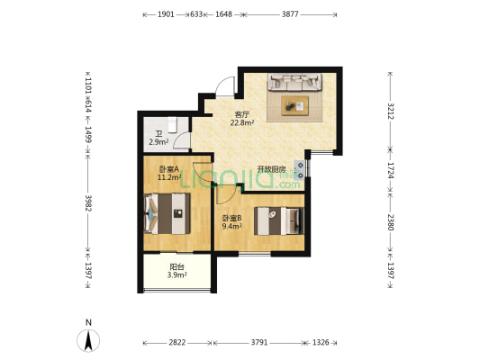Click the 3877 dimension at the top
point(290,14)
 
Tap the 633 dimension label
point(196,14)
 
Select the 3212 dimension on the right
point(390,111)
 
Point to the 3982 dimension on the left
point(88,203)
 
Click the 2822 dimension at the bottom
point(177,343)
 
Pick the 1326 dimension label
point(321,343)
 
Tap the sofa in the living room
point(295,82)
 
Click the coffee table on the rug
point(295,106)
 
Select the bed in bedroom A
point(168,213)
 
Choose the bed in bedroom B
point(279,220)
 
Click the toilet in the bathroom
point(172,125)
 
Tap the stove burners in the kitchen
point(300,170)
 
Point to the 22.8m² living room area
point(242,123)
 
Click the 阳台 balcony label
point(177,267)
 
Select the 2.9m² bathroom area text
point(158,142)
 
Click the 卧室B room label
point(232,218)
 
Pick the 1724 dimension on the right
point(390,170)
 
